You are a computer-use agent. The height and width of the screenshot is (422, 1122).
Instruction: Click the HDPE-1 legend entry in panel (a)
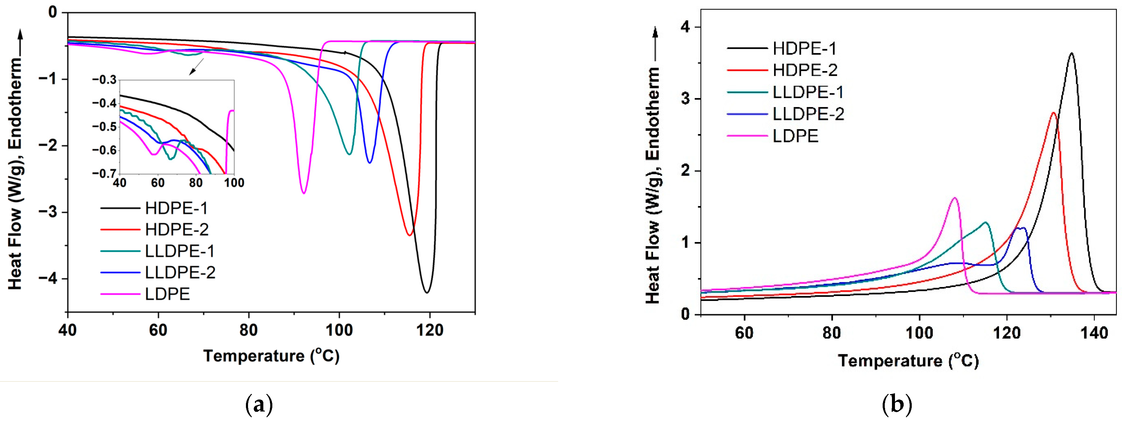pyautogui.click(x=176, y=208)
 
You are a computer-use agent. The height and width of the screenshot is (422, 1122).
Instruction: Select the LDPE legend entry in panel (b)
pyautogui.click(x=796, y=136)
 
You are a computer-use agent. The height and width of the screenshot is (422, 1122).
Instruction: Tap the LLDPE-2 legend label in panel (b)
pyautogui.click(x=808, y=114)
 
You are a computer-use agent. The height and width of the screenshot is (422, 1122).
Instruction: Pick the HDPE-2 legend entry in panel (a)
pyautogui.click(x=176, y=229)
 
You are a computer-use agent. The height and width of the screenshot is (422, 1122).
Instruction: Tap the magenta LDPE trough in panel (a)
pyautogui.click(x=304, y=193)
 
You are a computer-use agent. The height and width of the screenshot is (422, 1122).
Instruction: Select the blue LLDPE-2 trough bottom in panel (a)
pyautogui.click(x=370, y=163)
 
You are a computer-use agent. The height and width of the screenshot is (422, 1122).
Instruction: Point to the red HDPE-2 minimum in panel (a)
pyautogui.click(x=409, y=235)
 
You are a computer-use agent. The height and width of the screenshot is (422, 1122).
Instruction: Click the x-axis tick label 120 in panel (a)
pyautogui.click(x=429, y=330)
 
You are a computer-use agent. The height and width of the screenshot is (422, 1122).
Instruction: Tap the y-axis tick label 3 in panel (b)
pyautogui.click(x=686, y=99)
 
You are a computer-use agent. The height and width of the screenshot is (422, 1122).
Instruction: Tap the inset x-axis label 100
pyautogui.click(x=234, y=183)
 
